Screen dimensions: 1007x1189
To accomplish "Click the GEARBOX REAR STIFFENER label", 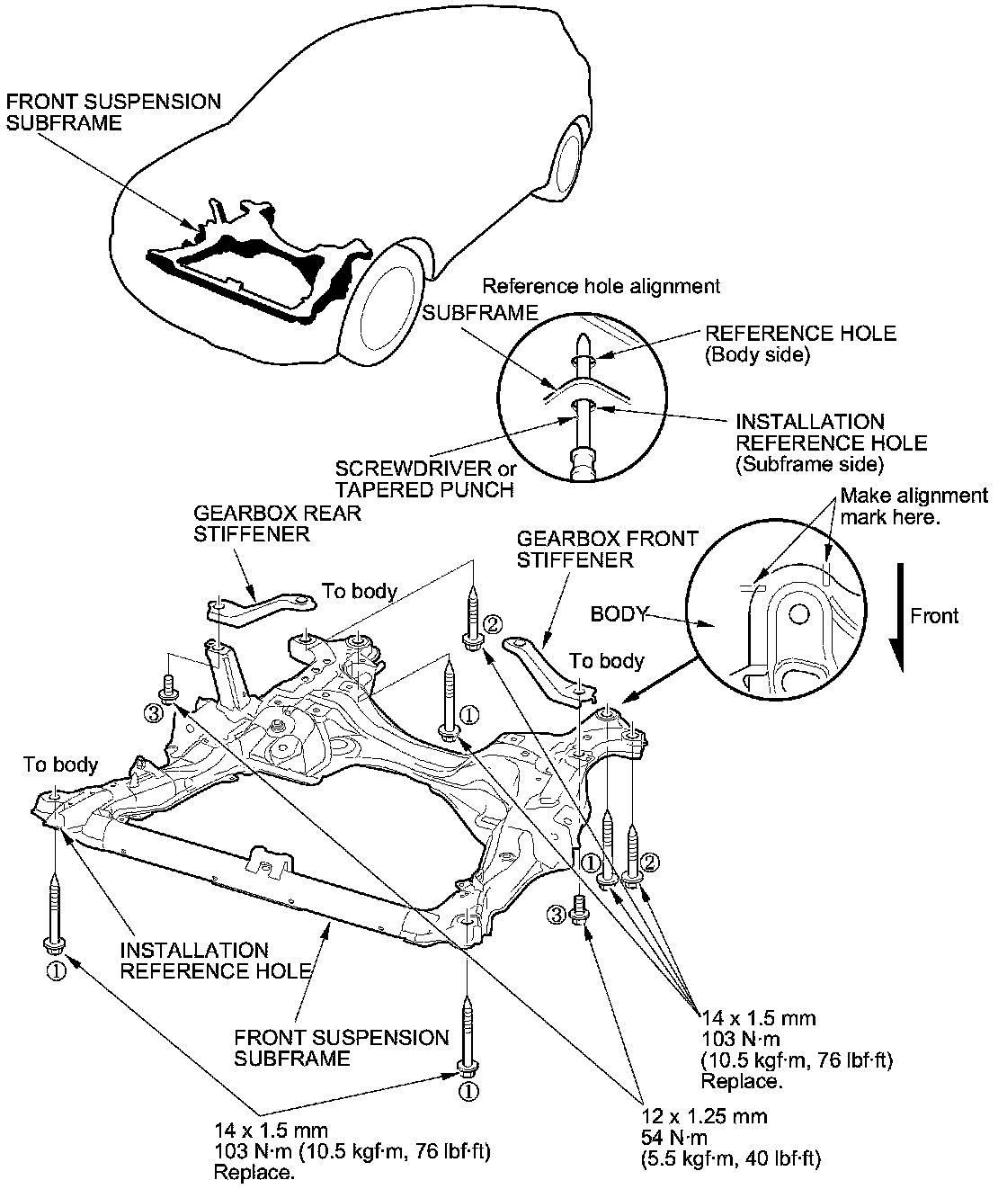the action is point(277,523).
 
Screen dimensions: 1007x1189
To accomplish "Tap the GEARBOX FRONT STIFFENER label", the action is point(607,549).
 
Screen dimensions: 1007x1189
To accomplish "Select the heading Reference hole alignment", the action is point(601,286).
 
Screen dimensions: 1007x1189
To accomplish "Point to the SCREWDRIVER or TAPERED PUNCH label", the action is point(425,479).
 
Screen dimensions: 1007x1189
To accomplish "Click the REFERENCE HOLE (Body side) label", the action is point(800,344).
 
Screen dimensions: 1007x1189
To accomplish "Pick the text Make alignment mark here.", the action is point(913,506).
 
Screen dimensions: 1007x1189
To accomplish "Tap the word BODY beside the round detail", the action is point(619,614).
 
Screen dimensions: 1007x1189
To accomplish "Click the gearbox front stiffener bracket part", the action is point(550,669).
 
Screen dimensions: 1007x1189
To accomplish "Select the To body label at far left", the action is point(60,764).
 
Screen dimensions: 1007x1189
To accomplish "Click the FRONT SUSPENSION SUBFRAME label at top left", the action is point(113,112).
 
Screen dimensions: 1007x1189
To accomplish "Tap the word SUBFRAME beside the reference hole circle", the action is point(480,313).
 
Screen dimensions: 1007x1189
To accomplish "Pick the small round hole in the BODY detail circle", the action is point(798,615).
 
